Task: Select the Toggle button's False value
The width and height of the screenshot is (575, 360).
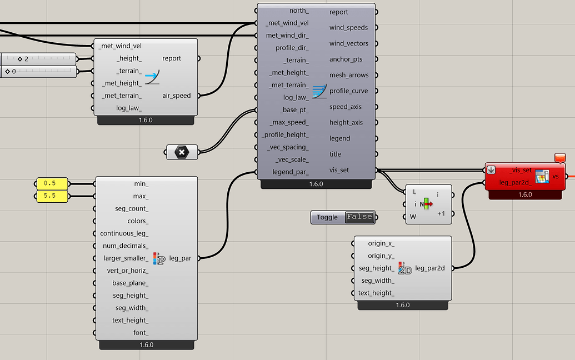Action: pyautogui.click(x=359, y=217)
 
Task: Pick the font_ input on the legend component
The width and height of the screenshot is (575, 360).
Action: pyautogui.click(x=141, y=333)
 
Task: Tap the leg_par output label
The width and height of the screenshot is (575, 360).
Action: pyautogui.click(x=180, y=258)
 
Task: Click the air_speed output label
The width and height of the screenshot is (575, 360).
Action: pyautogui.click(x=176, y=96)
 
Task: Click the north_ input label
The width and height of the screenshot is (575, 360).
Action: pyautogui.click(x=299, y=11)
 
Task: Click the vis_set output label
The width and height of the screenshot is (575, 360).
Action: pyautogui.click(x=339, y=170)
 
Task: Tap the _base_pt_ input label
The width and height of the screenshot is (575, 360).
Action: pyautogui.click(x=294, y=109)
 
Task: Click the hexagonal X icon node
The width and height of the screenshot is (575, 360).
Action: pyautogui.click(x=182, y=152)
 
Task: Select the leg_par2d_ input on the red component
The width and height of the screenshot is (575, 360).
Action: pyautogui.click(x=515, y=182)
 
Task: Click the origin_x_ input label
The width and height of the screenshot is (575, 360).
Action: pyautogui.click(x=381, y=243)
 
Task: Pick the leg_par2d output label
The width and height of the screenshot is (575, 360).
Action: pyautogui.click(x=433, y=268)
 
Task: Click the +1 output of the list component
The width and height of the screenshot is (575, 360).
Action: pyautogui.click(x=441, y=213)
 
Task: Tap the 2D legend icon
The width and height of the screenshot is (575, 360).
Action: pyautogui.click(x=405, y=268)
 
